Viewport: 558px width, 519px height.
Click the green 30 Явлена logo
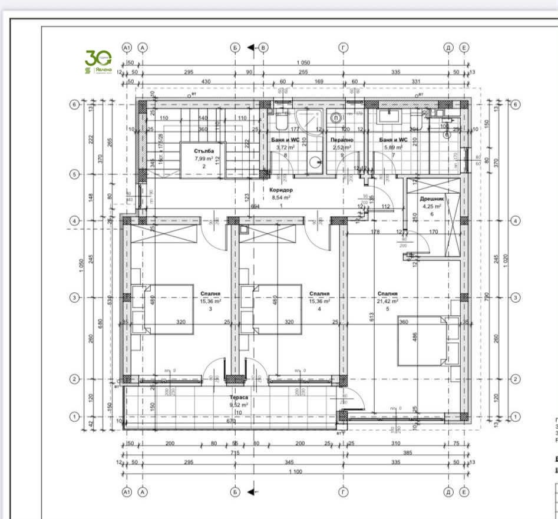[x=98, y=62]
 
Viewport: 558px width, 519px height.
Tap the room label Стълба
[x=204, y=151]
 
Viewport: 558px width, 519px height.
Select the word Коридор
[x=280, y=190]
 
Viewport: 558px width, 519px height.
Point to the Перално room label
[x=341, y=140]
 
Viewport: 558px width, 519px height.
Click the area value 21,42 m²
[x=387, y=301]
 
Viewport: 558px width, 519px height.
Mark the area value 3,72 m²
[x=287, y=147]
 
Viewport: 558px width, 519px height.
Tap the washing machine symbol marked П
[x=336, y=118]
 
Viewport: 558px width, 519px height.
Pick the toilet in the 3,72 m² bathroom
[x=281, y=121]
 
